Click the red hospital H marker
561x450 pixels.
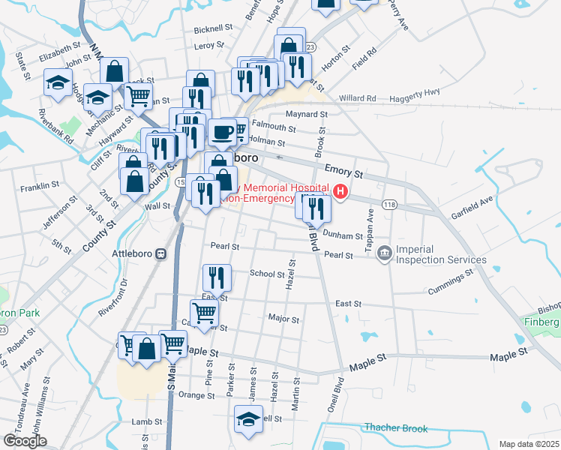pyautogui.click(x=341, y=192)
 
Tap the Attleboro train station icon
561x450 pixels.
pyautogui.click(x=160, y=253)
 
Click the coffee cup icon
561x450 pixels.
pyautogui.click(x=221, y=133)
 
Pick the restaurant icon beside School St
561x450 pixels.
pyautogui.click(x=214, y=278)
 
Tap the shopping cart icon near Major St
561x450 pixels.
pyautogui.click(x=204, y=313)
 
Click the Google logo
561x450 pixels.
pyautogui.click(x=25, y=440)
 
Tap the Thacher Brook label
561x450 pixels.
pyautogui.click(x=395, y=428)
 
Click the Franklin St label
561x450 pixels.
pyautogui.click(x=40, y=185)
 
